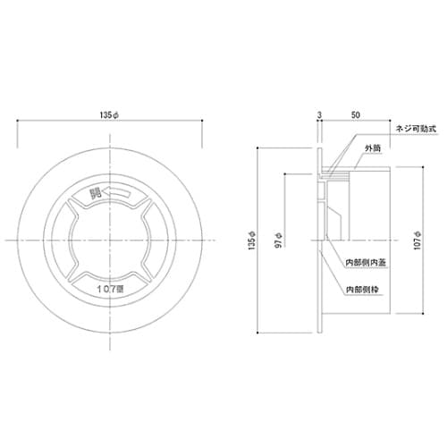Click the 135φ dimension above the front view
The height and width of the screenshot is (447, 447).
(111, 114)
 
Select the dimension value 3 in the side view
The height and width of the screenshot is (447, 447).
(318, 114)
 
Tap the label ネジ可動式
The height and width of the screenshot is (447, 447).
(413, 130)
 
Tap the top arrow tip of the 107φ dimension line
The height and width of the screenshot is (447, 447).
(425, 166)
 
